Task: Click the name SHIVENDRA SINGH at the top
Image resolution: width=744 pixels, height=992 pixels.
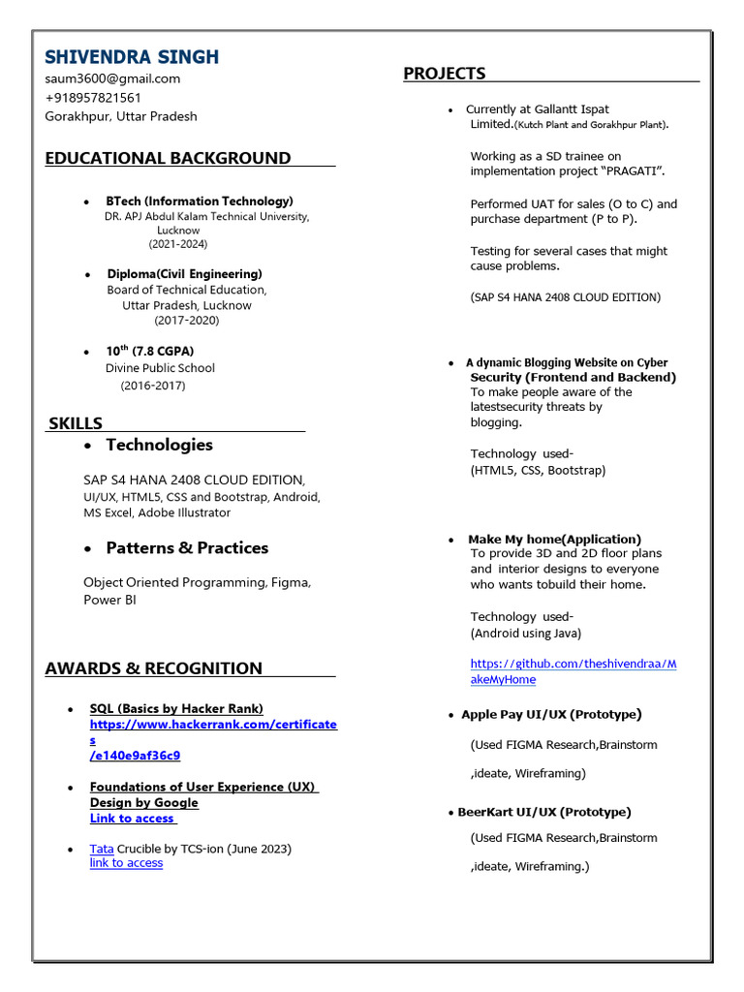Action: click(x=132, y=56)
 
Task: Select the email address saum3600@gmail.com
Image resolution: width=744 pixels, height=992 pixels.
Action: click(x=112, y=78)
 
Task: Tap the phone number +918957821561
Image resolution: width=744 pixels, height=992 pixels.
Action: click(x=93, y=98)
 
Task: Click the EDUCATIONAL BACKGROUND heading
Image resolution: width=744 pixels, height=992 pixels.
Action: click(x=168, y=158)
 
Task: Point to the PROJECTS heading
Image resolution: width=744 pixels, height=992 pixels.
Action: click(x=445, y=74)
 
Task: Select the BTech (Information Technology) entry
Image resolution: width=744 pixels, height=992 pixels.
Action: click(x=200, y=201)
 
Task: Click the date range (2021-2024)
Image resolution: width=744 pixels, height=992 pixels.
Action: click(x=178, y=244)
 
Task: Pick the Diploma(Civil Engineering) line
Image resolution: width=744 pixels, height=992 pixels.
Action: click(x=184, y=274)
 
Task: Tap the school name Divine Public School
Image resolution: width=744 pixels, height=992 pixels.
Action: click(x=160, y=368)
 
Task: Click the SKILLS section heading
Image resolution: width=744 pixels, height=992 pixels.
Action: click(x=76, y=423)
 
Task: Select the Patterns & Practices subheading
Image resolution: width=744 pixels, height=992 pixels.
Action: click(x=187, y=547)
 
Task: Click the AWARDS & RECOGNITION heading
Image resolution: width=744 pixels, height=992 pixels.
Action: click(x=153, y=667)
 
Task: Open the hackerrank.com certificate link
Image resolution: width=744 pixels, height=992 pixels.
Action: click(x=213, y=725)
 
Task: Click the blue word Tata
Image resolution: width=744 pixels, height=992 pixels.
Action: click(x=102, y=849)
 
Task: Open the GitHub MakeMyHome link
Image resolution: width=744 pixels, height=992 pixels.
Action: click(x=573, y=664)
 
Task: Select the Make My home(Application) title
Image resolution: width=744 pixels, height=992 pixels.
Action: click(x=554, y=539)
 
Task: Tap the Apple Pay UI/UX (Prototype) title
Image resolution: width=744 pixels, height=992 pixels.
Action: click(x=551, y=714)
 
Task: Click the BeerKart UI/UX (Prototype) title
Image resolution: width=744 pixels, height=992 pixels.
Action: click(x=543, y=812)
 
